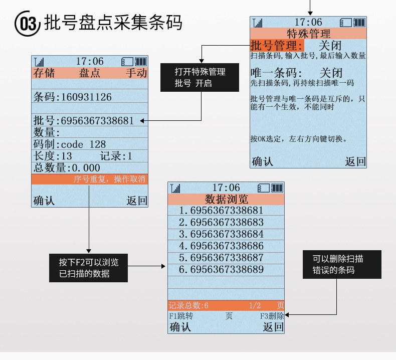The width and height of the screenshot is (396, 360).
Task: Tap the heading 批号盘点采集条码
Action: tap(112, 23)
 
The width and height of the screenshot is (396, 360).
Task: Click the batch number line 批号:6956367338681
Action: tap(84, 121)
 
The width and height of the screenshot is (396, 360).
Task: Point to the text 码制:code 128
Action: tap(70, 144)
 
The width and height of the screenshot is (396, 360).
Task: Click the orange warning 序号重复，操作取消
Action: tap(109, 179)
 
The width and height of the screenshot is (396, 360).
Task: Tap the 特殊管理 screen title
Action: tap(308, 34)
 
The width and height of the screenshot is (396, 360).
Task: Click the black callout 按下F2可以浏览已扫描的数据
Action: tap(88, 267)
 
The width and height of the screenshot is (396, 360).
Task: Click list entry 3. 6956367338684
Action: tap(221, 234)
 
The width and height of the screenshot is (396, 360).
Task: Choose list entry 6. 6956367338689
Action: tap(221, 270)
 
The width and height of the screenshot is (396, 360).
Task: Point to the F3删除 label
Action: tap(272, 316)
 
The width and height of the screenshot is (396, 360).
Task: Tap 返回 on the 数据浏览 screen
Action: tap(273, 327)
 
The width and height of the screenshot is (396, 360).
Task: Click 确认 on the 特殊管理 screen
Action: tap(263, 161)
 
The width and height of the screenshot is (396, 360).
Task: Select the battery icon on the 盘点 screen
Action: tap(141, 61)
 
